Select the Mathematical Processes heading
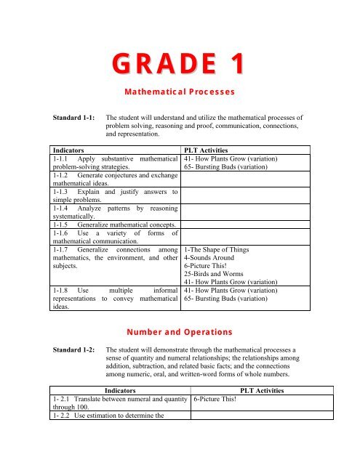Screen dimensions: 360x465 pos(179,93)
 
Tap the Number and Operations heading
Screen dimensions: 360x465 pos(179,332)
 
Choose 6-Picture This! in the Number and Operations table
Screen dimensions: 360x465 pos(216,398)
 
